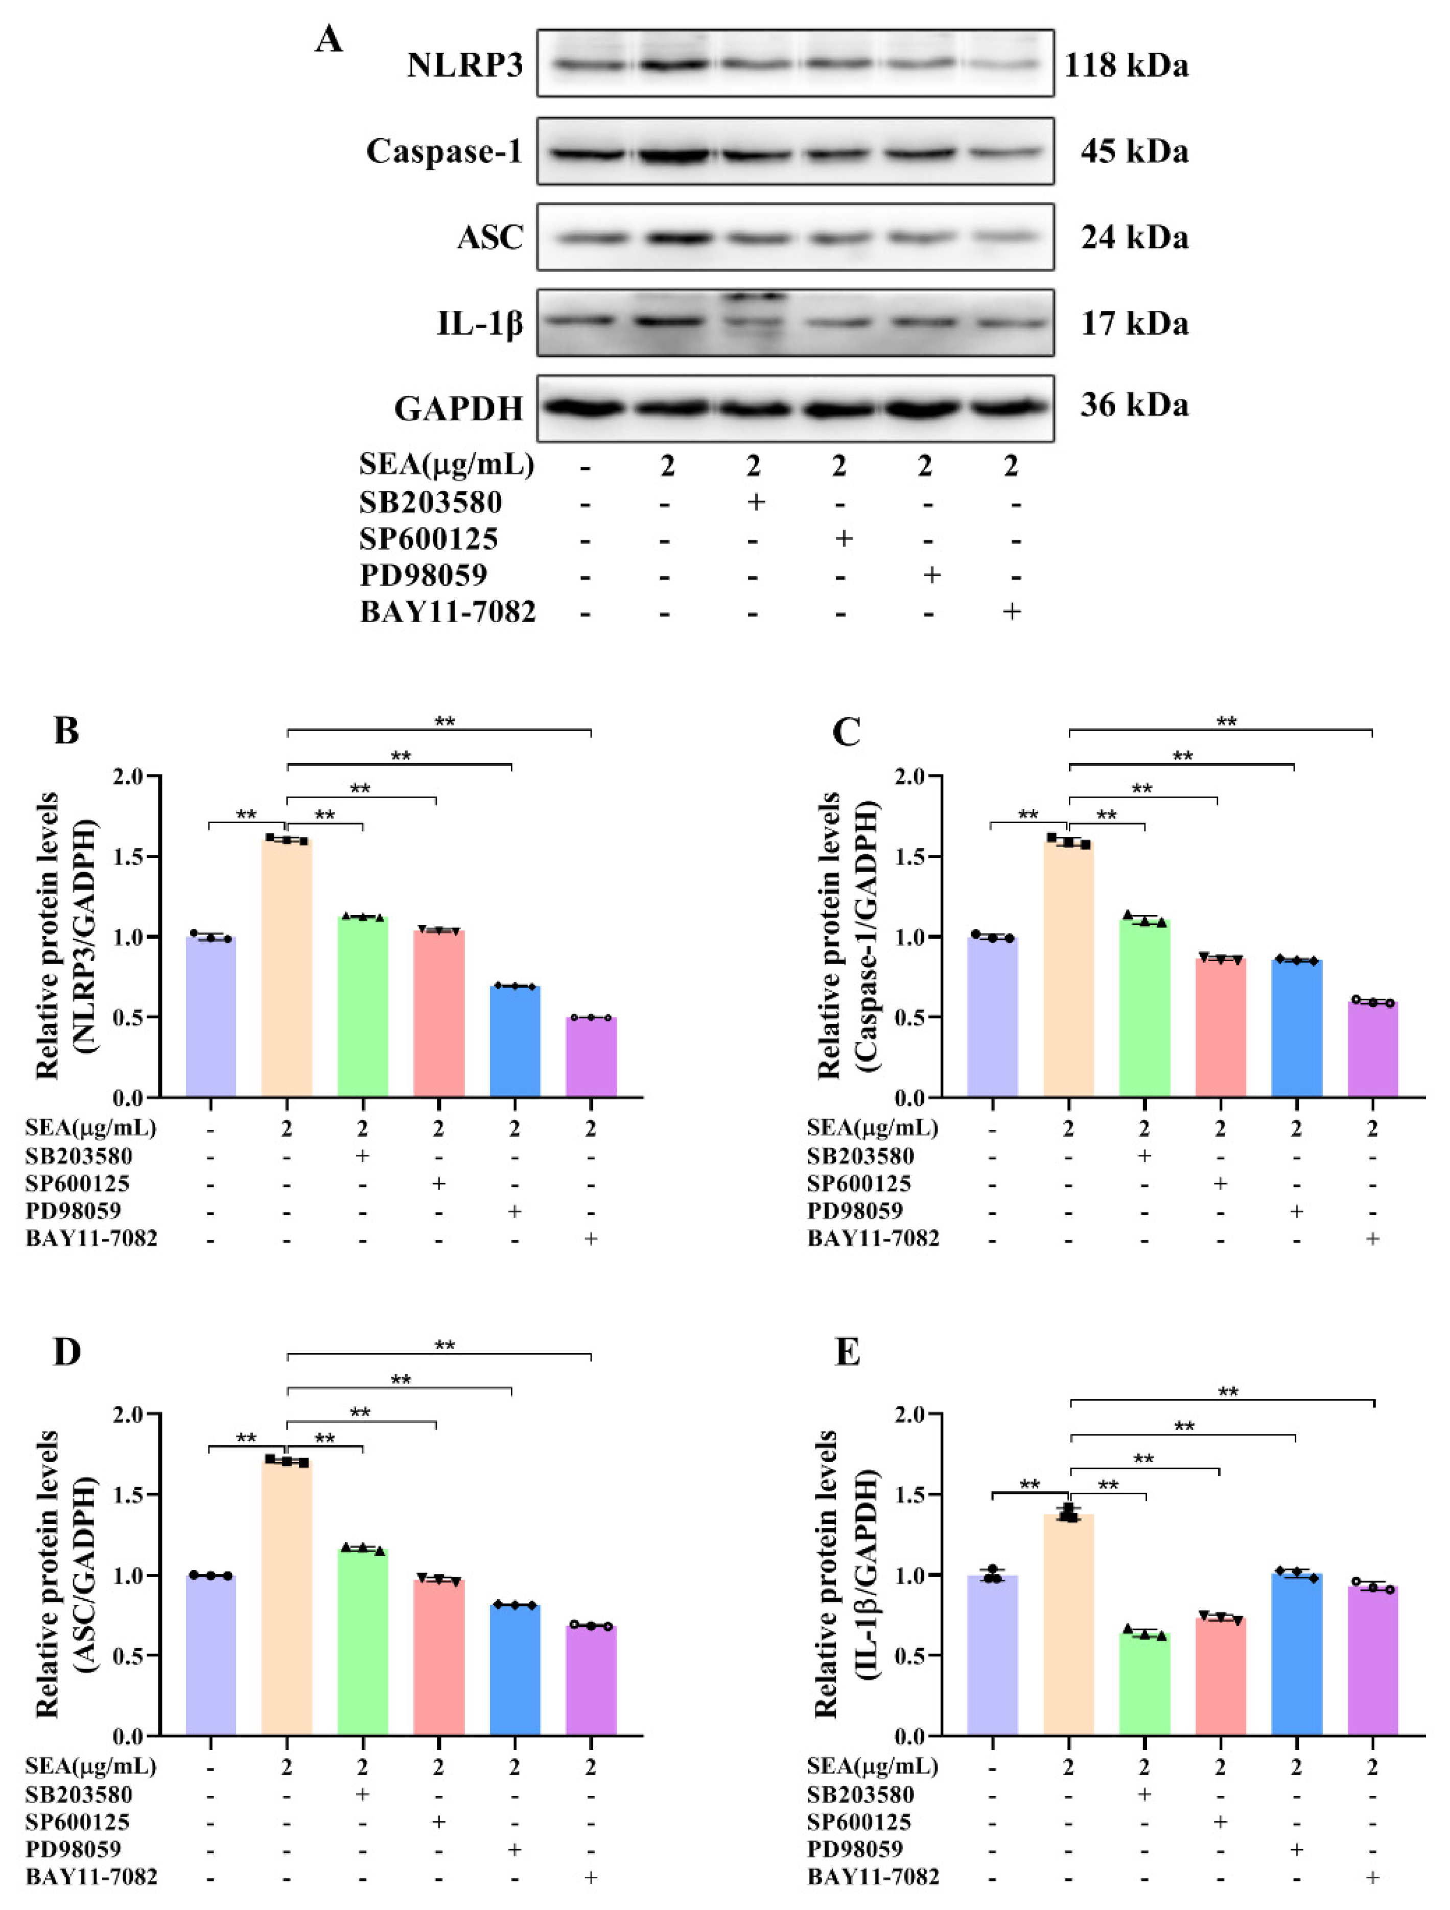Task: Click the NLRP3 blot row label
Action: coord(465,65)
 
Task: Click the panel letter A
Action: coord(329,40)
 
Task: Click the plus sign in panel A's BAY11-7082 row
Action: coord(1012,611)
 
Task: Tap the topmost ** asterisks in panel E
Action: coord(1227,1393)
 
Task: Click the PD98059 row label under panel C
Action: coord(854,1211)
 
